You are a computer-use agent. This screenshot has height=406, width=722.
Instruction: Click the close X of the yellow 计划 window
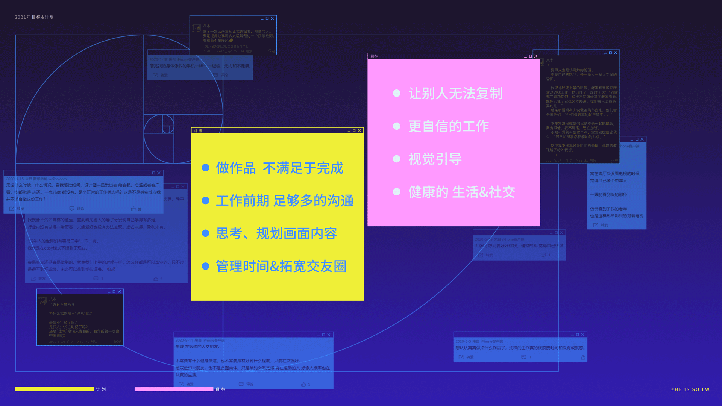(359, 130)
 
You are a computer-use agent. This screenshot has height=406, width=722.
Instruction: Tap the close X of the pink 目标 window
(536, 56)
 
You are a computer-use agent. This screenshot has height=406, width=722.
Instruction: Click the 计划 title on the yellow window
(198, 131)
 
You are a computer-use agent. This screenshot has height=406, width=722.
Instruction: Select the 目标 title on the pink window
(374, 56)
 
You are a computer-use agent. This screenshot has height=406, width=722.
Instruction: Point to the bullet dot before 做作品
(205, 168)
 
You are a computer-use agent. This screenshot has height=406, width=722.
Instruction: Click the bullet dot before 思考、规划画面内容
(205, 233)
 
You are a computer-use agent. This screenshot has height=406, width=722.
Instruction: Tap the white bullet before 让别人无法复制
(396, 93)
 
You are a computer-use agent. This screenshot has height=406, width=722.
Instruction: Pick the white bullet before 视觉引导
(396, 159)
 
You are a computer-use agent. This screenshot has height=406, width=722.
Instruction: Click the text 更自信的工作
(449, 126)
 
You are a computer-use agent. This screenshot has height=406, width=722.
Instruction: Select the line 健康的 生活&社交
(461, 192)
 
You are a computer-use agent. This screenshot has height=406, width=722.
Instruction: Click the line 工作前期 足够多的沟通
(285, 201)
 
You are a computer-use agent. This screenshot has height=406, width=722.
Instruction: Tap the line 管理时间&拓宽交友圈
(281, 267)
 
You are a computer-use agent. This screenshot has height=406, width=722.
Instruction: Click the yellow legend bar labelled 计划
(54, 389)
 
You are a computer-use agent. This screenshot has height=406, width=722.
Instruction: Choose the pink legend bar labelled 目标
(174, 389)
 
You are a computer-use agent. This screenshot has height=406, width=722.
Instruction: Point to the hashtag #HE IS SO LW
(690, 389)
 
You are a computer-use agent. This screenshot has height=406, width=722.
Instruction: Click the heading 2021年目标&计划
(34, 17)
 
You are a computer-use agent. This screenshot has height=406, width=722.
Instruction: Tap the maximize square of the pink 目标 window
(531, 56)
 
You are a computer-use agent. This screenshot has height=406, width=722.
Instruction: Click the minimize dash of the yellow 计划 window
(349, 131)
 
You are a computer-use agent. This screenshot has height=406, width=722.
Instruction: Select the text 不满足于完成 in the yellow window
(303, 168)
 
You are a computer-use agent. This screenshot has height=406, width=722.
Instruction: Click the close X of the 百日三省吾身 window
(119, 292)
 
